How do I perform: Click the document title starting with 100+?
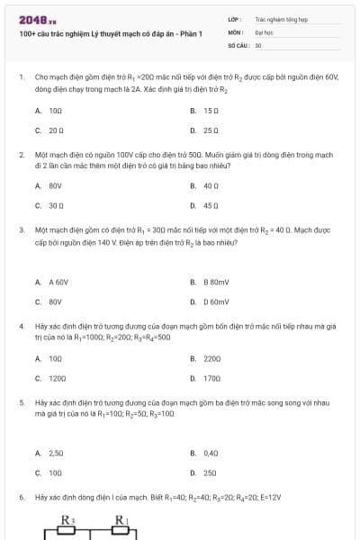pyautogui.click(x=111, y=34)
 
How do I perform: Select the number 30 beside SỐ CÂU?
pyautogui.click(x=258, y=44)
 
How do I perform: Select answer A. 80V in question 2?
pyautogui.click(x=49, y=186)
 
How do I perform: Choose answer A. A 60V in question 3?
pyautogui.click(x=51, y=282)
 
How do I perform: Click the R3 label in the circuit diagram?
pyautogui.click(x=66, y=519)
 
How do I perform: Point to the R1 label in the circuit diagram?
pyautogui.click(x=121, y=519)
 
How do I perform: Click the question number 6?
pyautogui.click(x=21, y=497)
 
